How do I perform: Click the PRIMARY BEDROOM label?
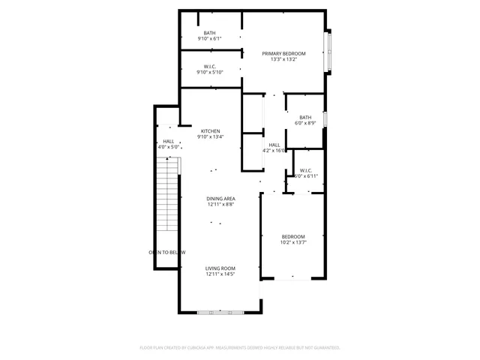(x=283, y=53)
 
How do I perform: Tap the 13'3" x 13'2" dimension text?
(x=283, y=59)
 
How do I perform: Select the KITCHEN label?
(x=210, y=130)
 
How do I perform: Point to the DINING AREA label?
(x=220, y=198)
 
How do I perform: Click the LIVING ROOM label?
(x=220, y=268)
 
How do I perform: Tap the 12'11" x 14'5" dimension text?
(x=220, y=274)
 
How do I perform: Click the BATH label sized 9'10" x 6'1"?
(x=209, y=33)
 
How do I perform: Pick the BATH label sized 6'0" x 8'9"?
(x=305, y=117)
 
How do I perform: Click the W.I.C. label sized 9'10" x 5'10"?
(x=210, y=66)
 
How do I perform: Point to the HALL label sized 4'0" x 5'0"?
(x=169, y=141)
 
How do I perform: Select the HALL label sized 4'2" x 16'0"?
(x=274, y=144)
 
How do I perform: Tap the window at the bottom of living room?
(x=220, y=311)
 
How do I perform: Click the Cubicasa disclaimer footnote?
(x=240, y=348)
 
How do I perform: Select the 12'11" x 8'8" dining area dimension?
(x=220, y=204)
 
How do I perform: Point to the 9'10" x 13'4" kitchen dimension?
(x=210, y=136)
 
